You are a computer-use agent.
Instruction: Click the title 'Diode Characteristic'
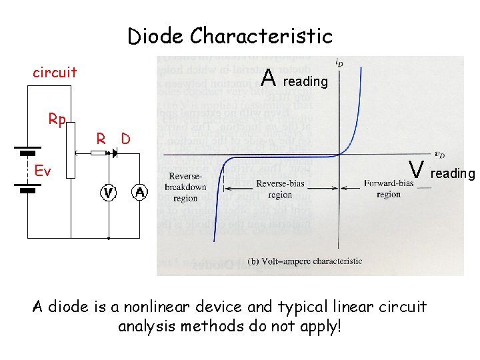[x=229, y=35]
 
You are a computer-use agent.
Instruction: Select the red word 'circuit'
[x=55, y=72]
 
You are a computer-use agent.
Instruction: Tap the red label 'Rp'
[x=57, y=119]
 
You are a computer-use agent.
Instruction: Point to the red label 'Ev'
[x=42, y=171]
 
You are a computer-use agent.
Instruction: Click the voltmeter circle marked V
[x=108, y=193]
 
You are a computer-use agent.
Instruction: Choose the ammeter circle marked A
[x=140, y=193]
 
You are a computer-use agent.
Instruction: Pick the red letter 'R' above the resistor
[x=101, y=139]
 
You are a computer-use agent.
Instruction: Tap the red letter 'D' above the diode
[x=124, y=139]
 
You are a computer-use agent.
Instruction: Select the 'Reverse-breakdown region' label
[x=185, y=187]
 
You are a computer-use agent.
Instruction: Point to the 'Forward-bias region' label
[x=387, y=188]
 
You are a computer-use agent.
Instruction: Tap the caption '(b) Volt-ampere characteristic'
[x=304, y=261]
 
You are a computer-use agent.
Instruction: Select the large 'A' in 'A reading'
[x=269, y=79]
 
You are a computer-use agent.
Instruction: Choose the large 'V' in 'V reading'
[x=417, y=171]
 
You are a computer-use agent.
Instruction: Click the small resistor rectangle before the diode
[x=97, y=153]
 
